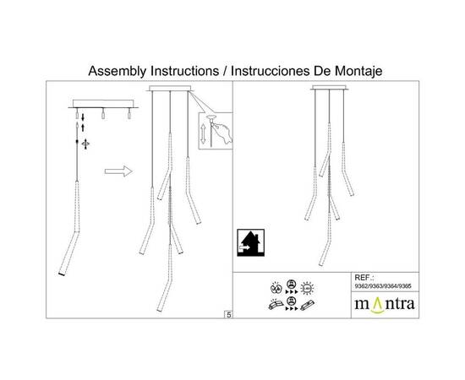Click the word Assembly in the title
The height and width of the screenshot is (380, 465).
coord(118,72)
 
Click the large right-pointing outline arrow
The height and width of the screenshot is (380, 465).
coord(118,171)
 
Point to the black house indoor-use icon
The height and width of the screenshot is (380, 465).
coord(251,242)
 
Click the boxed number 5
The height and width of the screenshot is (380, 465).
coord(228,315)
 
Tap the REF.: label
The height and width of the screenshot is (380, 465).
coord(364,278)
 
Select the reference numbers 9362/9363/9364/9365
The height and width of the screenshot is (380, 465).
coord(383,286)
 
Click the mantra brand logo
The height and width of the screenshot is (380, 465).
coord(385,305)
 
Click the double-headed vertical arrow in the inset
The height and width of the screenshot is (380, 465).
coord(203,134)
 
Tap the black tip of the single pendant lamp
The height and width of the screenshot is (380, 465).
coord(62,274)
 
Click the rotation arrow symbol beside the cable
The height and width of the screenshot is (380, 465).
coord(85,144)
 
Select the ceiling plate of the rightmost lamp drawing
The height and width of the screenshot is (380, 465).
coord(329,87)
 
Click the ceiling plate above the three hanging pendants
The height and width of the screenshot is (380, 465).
coord(170,89)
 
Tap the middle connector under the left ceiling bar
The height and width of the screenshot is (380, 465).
coord(103,114)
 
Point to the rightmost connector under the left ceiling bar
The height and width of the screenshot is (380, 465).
coord(129,114)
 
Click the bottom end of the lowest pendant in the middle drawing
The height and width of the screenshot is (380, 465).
coord(159,310)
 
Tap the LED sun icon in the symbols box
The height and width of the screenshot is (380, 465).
coord(307,288)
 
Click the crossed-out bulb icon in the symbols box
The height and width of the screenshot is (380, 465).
coord(276,288)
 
